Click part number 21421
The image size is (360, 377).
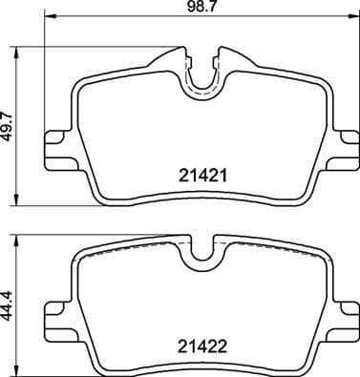coord(201,176)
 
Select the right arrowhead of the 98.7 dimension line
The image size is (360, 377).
coord(353,18)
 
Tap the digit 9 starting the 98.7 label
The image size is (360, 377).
coord(189,7)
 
